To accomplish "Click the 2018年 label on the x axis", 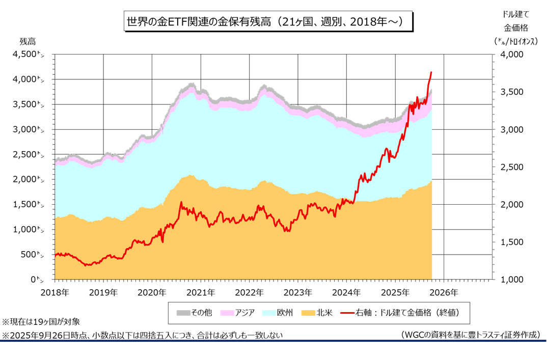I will pos(54,292).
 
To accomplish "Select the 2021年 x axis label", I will pos(201,292).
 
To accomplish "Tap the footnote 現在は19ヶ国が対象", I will pos(41,322).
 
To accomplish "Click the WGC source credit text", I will pos(470,335).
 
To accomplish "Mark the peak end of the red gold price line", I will pos(432,72).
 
